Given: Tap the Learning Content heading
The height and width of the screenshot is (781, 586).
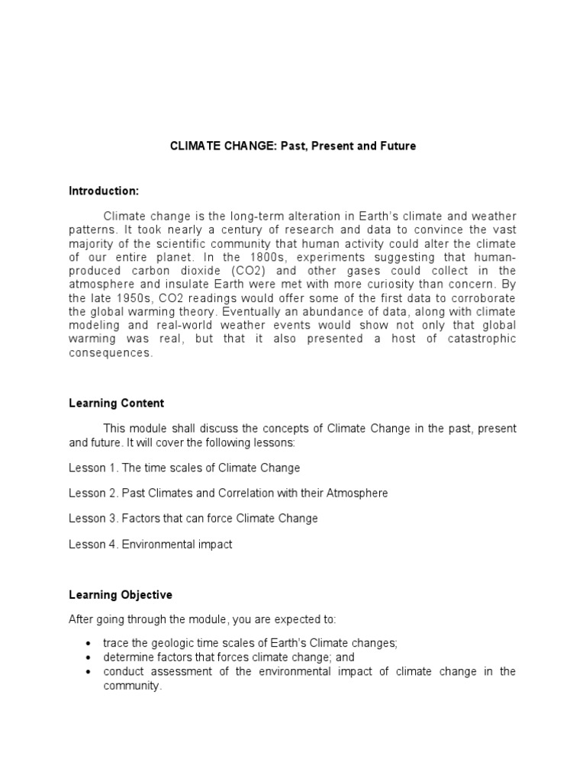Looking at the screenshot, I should tap(116, 403).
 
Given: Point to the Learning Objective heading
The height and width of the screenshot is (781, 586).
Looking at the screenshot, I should tap(121, 595).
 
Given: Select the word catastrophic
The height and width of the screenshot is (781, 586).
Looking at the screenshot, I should tap(479, 339).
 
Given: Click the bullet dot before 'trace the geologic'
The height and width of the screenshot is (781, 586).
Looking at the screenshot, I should tap(90, 644).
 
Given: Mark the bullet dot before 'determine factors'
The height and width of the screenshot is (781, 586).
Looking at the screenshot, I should tap(90, 657).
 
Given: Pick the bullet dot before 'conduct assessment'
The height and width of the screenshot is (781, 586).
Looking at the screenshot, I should tap(90, 672).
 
